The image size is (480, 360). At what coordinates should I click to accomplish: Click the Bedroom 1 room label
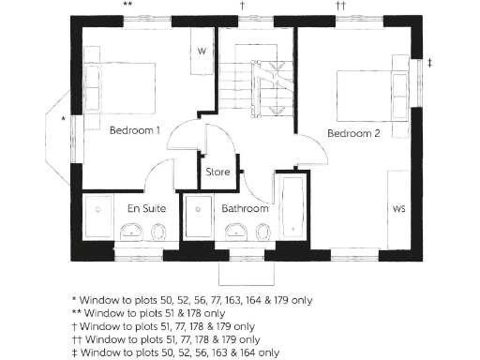[x=135, y=130]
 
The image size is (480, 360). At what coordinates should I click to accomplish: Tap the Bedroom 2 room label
[x=353, y=134]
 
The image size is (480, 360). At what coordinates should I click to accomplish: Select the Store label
[x=217, y=172]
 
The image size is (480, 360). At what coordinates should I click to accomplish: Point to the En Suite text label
[x=133, y=208]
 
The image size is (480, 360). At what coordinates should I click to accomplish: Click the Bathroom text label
[x=246, y=208]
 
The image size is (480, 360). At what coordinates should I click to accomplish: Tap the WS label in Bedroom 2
[x=398, y=207]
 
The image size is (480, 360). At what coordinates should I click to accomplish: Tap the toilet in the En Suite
[x=159, y=231]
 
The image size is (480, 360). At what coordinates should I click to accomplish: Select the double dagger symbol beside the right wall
[x=430, y=63]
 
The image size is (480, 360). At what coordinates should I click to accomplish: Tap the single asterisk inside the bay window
[x=63, y=120]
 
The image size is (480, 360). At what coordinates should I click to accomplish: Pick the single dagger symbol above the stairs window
[x=243, y=6]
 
